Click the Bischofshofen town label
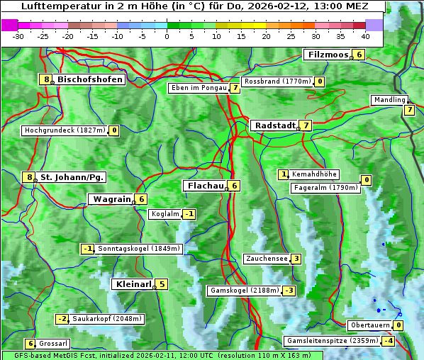(x=90, y=80)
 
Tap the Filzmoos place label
(x=328, y=55)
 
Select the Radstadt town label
(x=274, y=125)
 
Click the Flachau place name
(x=205, y=186)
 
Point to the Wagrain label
(x=111, y=200)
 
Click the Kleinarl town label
(x=133, y=284)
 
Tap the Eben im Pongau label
(x=198, y=89)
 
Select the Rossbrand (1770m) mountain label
(x=277, y=81)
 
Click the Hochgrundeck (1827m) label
(x=65, y=130)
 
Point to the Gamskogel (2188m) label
(x=244, y=291)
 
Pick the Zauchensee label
(x=267, y=259)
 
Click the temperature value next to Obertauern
(x=398, y=325)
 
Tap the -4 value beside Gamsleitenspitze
(x=388, y=341)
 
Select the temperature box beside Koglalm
(x=189, y=214)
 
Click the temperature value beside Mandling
(x=409, y=110)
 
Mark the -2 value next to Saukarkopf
(x=62, y=319)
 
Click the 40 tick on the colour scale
(x=365, y=36)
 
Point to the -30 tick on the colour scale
(x=18, y=36)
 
